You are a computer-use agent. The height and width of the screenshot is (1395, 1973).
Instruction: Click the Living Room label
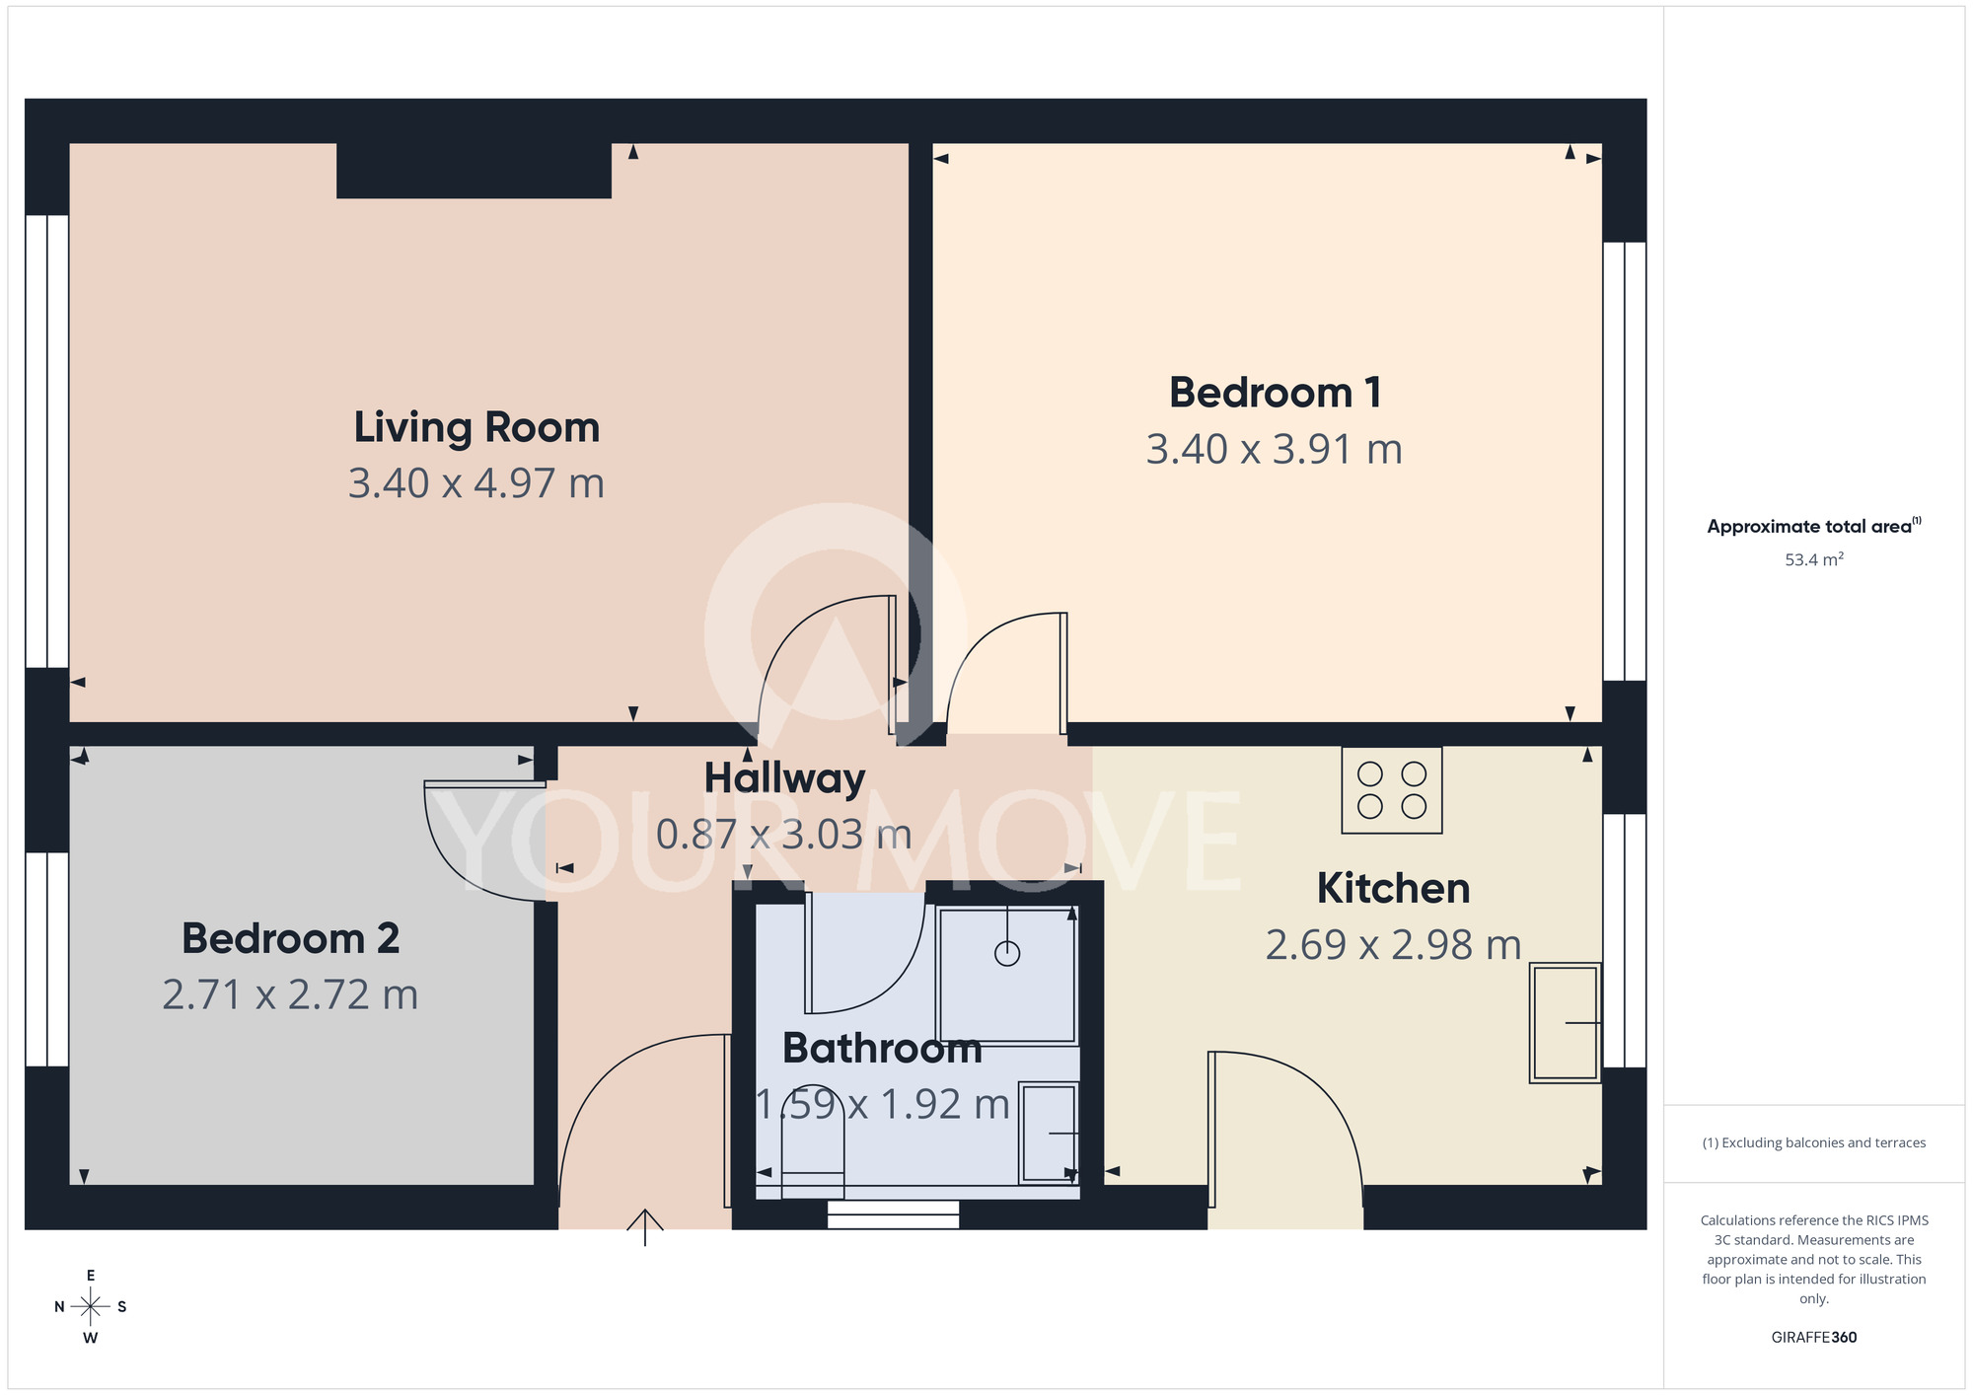(476, 428)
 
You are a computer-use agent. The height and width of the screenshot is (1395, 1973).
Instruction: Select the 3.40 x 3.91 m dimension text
(1274, 450)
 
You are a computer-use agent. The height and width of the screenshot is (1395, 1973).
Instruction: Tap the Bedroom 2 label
(290, 938)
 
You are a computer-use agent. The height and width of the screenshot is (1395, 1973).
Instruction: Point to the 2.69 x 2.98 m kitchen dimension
(1393, 945)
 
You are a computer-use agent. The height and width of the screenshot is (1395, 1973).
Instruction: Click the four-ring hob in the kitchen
(1391, 790)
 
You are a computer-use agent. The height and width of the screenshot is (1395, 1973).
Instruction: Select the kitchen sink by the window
(1565, 1023)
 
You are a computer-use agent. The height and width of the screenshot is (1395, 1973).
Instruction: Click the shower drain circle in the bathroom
(1006, 954)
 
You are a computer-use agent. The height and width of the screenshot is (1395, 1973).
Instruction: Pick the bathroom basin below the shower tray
(1049, 1133)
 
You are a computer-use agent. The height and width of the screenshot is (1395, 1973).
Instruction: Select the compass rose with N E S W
(90, 1307)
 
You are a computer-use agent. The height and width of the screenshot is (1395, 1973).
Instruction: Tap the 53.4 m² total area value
(1813, 560)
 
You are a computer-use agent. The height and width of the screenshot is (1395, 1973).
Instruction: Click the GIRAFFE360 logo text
(1813, 1338)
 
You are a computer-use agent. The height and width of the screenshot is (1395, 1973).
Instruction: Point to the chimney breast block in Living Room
(474, 171)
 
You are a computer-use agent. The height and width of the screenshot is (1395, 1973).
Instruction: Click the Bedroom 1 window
(1624, 461)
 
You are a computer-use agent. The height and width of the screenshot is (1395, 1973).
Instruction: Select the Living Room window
(46, 441)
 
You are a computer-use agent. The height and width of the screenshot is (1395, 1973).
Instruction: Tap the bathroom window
(893, 1214)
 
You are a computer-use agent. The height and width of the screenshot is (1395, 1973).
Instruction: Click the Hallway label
(784, 778)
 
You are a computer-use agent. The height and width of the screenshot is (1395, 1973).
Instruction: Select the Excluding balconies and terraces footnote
(1813, 1143)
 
